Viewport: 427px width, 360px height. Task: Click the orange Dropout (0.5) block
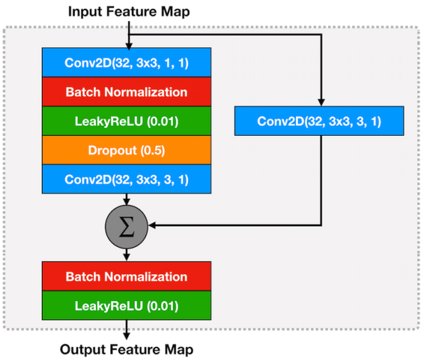click(x=126, y=151)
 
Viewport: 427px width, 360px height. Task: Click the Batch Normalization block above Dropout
click(x=126, y=92)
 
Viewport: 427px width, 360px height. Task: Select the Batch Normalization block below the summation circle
click(x=126, y=276)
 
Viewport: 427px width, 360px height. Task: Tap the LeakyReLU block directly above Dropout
click(x=126, y=121)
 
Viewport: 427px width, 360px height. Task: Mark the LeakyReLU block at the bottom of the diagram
click(x=126, y=305)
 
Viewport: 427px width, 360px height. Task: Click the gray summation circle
click(x=127, y=226)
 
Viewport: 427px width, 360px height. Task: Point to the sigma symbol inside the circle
click(x=127, y=226)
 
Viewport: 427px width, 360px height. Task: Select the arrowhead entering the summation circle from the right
click(x=152, y=226)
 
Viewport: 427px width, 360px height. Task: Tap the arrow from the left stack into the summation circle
click(x=127, y=200)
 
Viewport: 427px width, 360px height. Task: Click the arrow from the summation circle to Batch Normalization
click(x=127, y=253)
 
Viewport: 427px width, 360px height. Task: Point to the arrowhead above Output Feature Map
click(x=127, y=334)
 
